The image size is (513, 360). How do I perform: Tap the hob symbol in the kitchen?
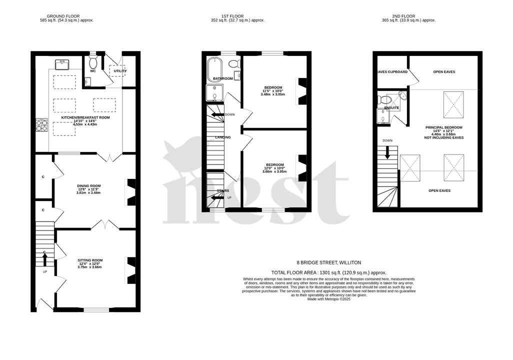coord(41,125)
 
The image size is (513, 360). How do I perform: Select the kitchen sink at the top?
coord(62,63)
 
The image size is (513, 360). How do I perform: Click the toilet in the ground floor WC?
coord(92,62)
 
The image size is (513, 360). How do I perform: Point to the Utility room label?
coord(120,71)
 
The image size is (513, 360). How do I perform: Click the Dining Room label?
coord(89,185)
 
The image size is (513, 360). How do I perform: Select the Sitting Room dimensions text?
coord(89,267)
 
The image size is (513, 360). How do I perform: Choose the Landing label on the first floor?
coord(222,137)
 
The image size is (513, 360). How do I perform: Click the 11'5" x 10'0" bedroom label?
coord(273,91)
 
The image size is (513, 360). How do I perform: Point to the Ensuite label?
coord(391,107)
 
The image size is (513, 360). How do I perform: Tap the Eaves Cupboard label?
coord(391,71)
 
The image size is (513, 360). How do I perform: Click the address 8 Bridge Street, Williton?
coord(328,262)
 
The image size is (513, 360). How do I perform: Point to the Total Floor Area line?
coord(328,272)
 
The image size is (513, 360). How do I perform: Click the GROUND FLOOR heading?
coord(66,16)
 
